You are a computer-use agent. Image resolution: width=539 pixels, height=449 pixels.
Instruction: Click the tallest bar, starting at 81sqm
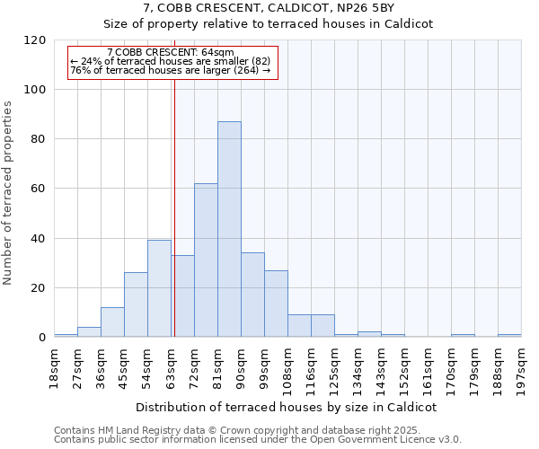click(229, 229)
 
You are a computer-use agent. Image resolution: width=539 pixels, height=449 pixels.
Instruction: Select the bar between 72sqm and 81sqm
click(206, 260)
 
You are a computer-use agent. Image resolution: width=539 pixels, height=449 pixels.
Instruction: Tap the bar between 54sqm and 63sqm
click(159, 288)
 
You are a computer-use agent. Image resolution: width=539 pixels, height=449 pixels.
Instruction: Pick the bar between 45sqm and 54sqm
click(136, 304)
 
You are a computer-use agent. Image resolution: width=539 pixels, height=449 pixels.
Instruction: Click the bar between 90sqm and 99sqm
click(252, 295)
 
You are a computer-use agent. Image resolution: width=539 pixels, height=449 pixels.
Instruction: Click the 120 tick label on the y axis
click(35, 40)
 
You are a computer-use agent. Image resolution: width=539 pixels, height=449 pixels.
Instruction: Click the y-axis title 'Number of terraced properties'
click(8, 193)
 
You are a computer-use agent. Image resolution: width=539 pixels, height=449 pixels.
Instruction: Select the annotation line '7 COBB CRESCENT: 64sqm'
click(170, 53)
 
